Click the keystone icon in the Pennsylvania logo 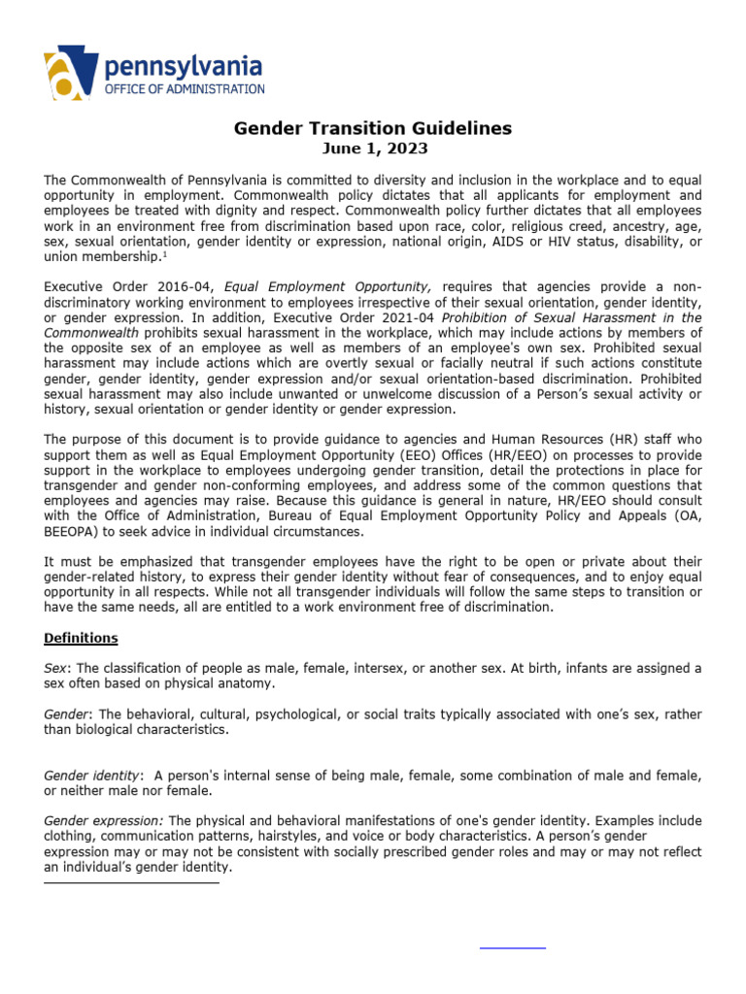tap(71, 74)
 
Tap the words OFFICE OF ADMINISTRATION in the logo tap(185, 88)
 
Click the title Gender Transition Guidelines tap(373, 128)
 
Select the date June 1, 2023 tap(374, 149)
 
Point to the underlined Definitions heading tap(81, 638)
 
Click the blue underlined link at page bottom tap(513, 945)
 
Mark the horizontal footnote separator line tap(131, 882)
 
